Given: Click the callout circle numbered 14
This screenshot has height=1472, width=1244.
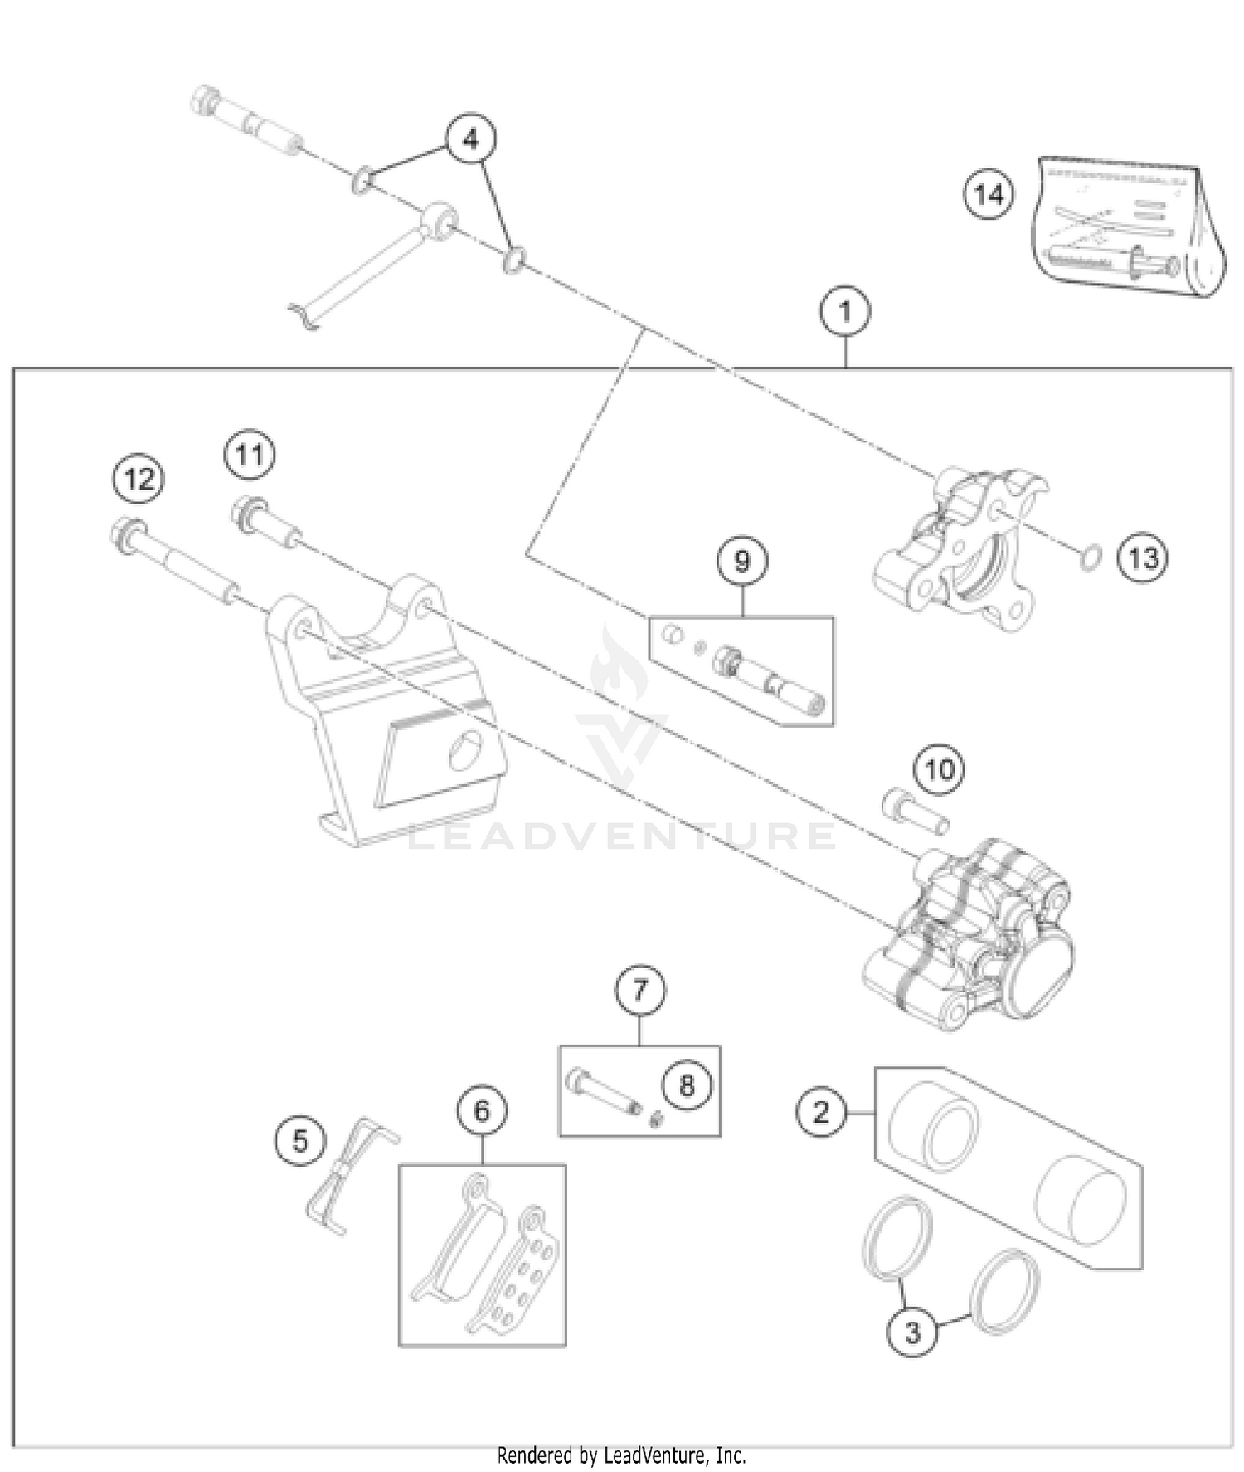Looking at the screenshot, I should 989,195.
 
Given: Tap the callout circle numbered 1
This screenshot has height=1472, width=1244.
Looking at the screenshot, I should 844,312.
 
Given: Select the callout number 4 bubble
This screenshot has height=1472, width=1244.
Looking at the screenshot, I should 470,139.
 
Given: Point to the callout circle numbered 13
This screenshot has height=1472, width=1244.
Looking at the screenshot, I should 1142,558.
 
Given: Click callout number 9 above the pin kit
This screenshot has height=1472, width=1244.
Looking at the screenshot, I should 741,562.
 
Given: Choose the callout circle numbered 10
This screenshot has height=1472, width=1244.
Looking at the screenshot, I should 939,769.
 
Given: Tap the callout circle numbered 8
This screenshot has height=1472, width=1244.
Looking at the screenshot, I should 686,1085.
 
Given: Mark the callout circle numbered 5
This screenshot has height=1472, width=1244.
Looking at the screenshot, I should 300,1141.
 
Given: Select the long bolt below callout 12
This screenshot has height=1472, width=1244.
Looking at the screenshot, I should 174,565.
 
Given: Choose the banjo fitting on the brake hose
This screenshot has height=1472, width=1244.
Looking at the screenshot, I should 438,222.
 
